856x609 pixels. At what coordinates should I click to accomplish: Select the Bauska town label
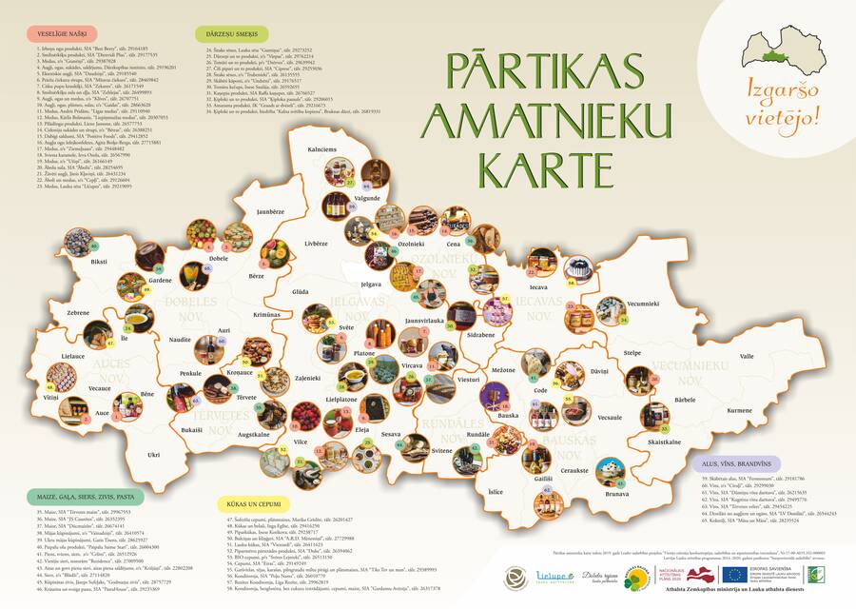pos(508,415)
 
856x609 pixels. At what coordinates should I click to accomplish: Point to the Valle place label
pos(747,356)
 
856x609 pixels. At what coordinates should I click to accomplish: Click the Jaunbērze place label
pos(271,211)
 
